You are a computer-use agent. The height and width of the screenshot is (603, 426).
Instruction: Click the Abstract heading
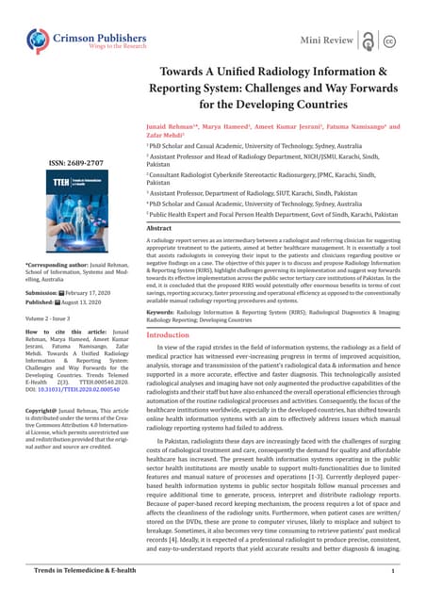[x=159, y=228]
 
